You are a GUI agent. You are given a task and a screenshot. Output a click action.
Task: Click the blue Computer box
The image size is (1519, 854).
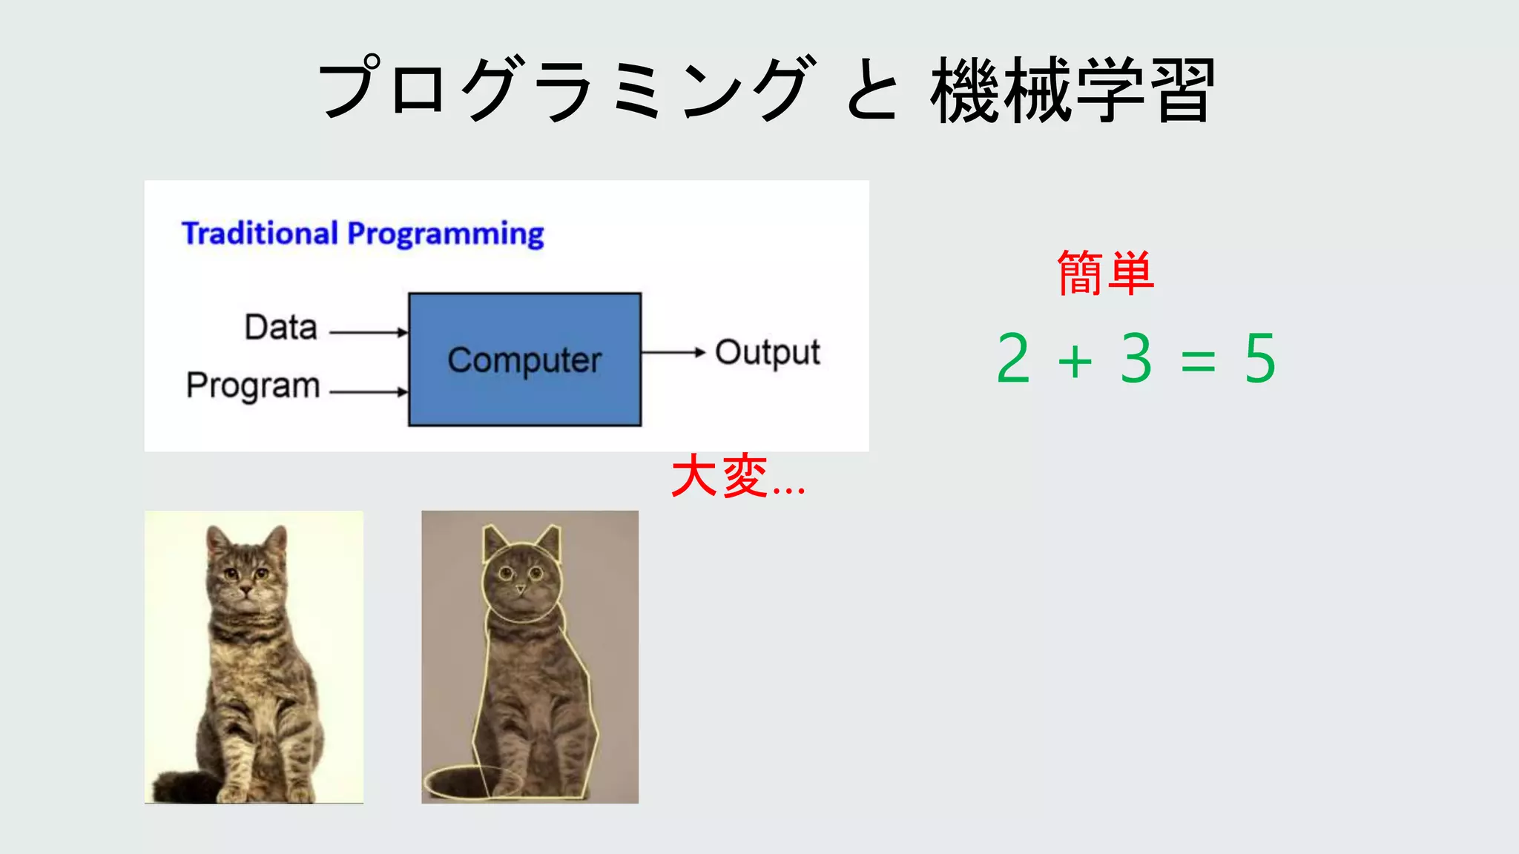tap(524, 359)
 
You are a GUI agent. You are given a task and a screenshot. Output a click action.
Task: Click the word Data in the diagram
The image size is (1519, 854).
tap(281, 327)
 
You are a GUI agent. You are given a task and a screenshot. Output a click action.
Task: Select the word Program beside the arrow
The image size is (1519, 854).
tap(253, 385)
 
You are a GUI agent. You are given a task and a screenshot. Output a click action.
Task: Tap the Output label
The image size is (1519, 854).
tap(767, 353)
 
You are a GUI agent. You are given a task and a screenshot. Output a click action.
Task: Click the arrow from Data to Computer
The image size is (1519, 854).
tap(368, 332)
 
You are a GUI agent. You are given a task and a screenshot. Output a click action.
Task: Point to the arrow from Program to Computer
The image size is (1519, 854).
tap(368, 391)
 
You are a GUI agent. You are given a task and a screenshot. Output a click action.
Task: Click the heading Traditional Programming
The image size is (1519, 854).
tap(363, 234)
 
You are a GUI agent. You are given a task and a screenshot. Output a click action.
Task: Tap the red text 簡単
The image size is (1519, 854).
tap(1105, 274)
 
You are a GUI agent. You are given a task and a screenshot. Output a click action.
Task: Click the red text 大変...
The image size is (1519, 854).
tap(719, 477)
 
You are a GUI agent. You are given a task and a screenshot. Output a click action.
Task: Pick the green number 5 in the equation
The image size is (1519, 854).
tap(1259, 359)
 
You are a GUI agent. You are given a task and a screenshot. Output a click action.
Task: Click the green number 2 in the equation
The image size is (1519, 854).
tap(1014, 359)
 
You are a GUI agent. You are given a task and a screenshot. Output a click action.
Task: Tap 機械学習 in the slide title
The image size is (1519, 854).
tap(1072, 90)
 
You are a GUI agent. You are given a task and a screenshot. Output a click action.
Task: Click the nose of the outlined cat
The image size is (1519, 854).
tap(521, 590)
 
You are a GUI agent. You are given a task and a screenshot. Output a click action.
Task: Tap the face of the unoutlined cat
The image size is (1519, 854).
tap(246, 578)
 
